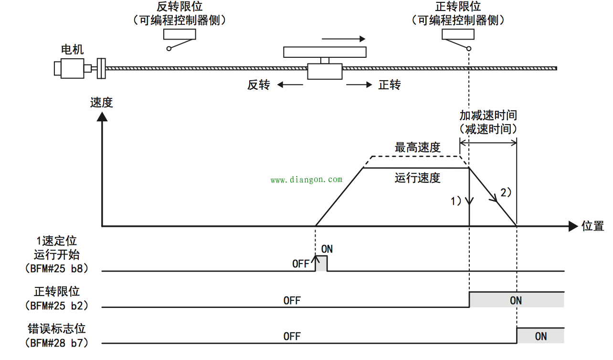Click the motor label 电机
[73, 49]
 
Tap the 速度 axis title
[101, 102]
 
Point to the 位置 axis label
[592, 226]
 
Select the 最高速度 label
[417, 148]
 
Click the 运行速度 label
[417, 178]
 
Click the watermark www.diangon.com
[306, 180]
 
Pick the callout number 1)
[456, 201]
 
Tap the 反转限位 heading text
[180, 7]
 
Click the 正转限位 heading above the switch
[458, 7]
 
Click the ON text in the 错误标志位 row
[540, 337]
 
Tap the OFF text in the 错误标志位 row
[292, 337]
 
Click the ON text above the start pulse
[327, 249]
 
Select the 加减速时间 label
[488, 116]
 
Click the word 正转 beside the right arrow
[390, 85]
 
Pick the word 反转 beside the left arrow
[258, 85]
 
